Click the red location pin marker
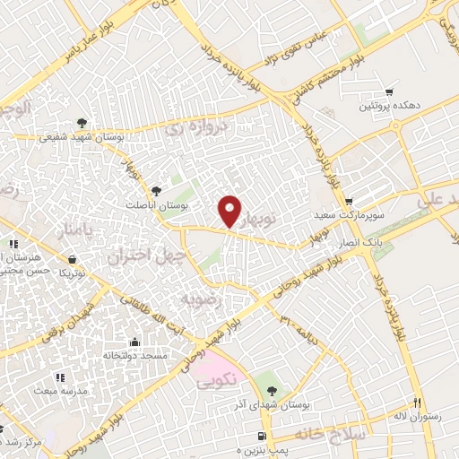click(x=230, y=211)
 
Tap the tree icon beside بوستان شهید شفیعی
click(x=82, y=123)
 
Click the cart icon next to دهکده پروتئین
click(x=389, y=91)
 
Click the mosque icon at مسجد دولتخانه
click(x=134, y=342)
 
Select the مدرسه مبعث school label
click(x=59, y=392)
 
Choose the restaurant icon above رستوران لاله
click(x=414, y=402)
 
